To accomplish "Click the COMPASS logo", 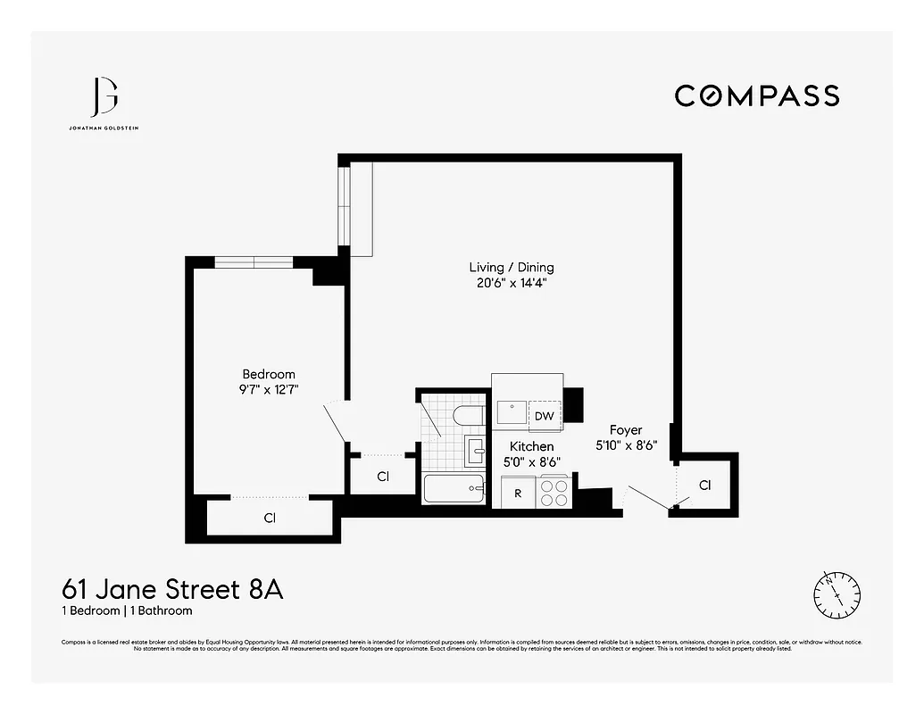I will click(x=756, y=95).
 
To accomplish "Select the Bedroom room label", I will click(x=269, y=374).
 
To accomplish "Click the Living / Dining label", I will click(x=512, y=267).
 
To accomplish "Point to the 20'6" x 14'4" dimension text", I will click(x=512, y=284).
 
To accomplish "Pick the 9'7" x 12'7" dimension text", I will click(x=269, y=390).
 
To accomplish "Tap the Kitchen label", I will click(x=531, y=446).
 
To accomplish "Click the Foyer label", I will click(x=626, y=430).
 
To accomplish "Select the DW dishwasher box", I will click(x=544, y=416).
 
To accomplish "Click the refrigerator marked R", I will click(x=517, y=492).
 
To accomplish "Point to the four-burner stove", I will click(x=554, y=493).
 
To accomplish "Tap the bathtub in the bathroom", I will click(x=454, y=490).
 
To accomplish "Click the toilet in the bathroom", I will click(x=468, y=416).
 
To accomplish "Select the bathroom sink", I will click(x=476, y=452).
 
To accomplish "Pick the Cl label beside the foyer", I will click(x=705, y=486).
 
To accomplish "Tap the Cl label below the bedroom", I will click(x=269, y=518).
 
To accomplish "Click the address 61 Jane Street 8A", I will click(x=172, y=590).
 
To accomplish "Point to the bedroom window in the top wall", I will click(x=254, y=262).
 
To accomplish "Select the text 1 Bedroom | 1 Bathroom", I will click(x=127, y=611).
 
